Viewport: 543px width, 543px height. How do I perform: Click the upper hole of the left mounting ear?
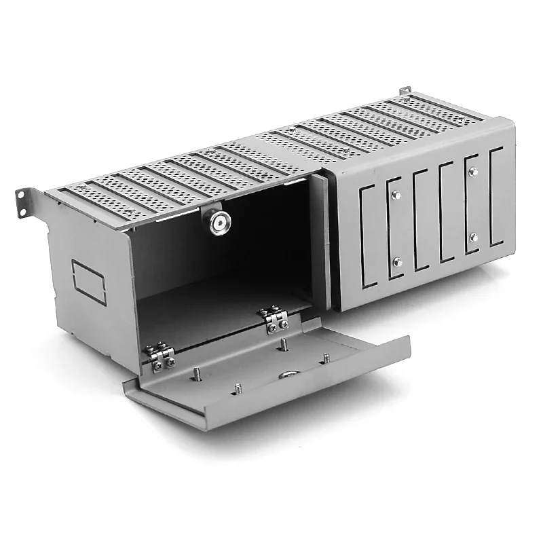22,193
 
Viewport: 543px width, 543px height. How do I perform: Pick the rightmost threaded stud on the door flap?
326,357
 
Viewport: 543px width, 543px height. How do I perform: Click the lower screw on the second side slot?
397,261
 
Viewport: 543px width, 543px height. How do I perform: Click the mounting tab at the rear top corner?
405,91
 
